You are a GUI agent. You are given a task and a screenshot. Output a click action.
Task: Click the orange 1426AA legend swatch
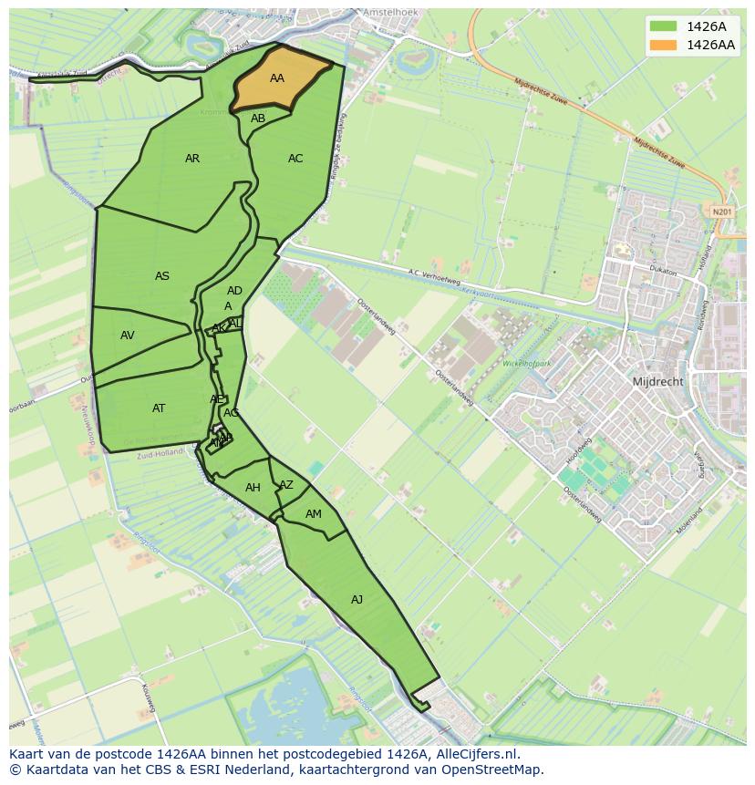click(x=664, y=45)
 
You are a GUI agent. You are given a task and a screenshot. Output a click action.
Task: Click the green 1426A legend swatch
click(x=664, y=26)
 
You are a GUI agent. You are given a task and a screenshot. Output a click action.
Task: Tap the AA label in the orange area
click(x=277, y=78)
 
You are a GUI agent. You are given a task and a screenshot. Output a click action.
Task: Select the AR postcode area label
click(x=192, y=159)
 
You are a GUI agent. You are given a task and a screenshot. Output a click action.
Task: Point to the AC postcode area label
click(x=295, y=159)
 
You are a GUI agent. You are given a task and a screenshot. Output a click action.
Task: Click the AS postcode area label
click(x=162, y=276)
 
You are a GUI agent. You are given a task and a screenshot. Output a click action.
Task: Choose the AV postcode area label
click(x=128, y=336)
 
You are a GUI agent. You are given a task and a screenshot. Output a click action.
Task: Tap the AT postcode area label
click(x=159, y=408)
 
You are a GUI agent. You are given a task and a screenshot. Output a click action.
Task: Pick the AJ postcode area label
click(x=357, y=599)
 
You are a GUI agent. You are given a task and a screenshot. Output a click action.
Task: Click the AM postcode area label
click(x=314, y=514)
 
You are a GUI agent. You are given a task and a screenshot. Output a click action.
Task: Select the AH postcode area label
click(x=253, y=488)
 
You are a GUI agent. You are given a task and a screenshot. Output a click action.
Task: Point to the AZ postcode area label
click(x=286, y=485)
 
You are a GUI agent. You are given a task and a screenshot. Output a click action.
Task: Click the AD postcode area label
click(x=234, y=291)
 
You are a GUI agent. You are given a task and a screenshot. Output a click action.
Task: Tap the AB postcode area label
click(x=258, y=119)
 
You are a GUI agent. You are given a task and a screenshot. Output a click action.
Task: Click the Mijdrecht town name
click(x=657, y=382)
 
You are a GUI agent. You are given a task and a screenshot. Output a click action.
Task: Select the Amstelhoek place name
click(x=389, y=13)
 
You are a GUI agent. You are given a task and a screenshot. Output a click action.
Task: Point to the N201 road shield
click(x=722, y=212)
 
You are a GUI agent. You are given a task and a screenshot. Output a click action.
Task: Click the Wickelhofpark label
click(x=528, y=364)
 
